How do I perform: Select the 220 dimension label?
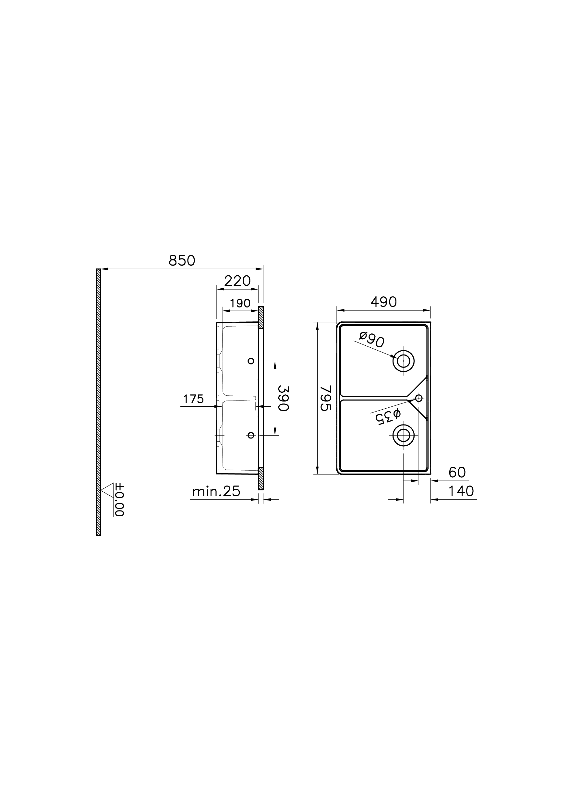pyautogui.click(x=237, y=281)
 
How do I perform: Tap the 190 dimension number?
pyautogui.click(x=240, y=303)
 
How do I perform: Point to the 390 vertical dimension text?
pyautogui.click(x=283, y=398)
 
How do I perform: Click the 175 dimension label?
pyautogui.click(x=193, y=399)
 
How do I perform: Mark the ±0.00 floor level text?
pyautogui.click(x=120, y=500)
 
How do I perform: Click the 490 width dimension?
pyautogui.click(x=384, y=302)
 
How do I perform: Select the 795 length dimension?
pyautogui.click(x=326, y=398)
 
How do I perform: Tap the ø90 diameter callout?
pyautogui.click(x=372, y=340)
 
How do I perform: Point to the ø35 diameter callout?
pyautogui.click(x=388, y=416)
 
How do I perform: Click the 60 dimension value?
pyautogui.click(x=457, y=473)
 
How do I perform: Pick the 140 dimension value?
pyautogui.click(x=461, y=491)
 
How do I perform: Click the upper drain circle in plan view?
pyautogui.click(x=404, y=360)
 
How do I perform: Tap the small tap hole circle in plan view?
pyautogui.click(x=419, y=398)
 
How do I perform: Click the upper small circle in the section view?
pyautogui.click(x=251, y=361)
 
